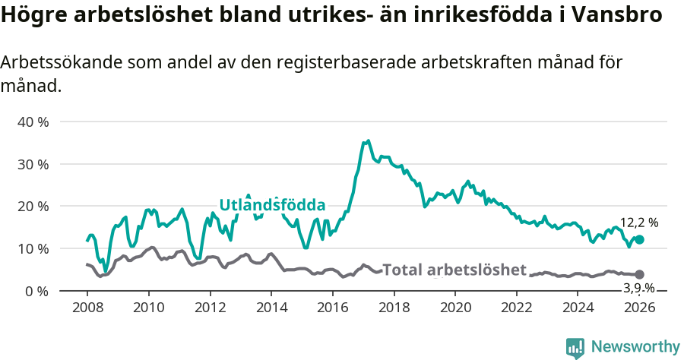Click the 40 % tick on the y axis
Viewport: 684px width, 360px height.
[x=33, y=122]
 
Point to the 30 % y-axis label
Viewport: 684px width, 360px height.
[x=33, y=164]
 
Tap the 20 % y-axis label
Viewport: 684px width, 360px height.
[x=33, y=207]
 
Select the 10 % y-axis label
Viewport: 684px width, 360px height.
[x=33, y=249]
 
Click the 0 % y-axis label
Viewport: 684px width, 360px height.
[x=37, y=292]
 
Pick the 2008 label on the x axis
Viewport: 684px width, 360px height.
[x=87, y=308]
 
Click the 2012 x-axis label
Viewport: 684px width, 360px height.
[x=210, y=308]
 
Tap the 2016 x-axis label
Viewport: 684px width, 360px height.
[x=332, y=308]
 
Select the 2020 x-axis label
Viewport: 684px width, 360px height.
[x=455, y=308]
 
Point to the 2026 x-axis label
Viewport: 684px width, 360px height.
[x=639, y=308]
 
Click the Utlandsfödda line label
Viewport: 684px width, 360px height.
[x=272, y=205]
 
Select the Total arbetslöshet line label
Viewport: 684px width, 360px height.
[x=454, y=270]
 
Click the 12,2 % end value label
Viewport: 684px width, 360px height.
[x=639, y=223]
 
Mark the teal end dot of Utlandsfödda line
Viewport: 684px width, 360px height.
[x=639, y=239]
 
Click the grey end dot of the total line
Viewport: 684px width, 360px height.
[x=639, y=274]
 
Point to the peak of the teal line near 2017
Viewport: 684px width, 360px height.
[x=369, y=141]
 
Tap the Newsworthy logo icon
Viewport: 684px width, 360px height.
[x=575, y=348]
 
